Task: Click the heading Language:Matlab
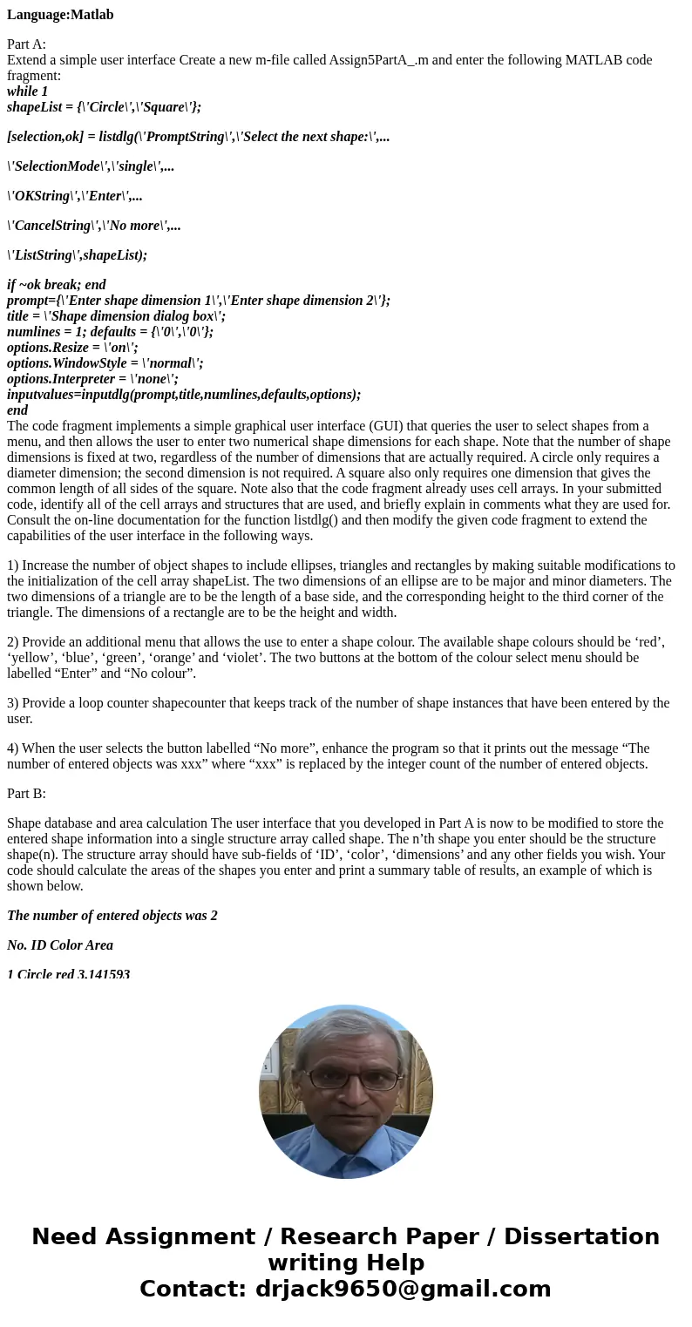60,15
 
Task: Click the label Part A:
26,44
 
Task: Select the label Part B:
26,794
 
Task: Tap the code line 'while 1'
27,91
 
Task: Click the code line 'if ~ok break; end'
56,285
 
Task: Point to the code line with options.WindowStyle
105,363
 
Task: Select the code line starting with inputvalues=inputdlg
184,395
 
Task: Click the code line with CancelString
94,226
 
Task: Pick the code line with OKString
75,196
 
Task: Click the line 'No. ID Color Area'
60,945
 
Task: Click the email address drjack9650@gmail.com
403,1289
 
